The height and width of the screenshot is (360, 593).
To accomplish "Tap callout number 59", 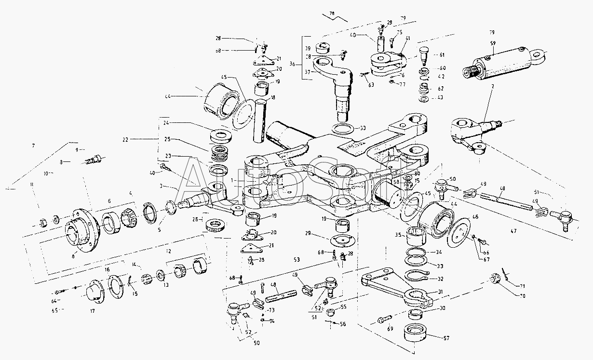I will (493, 43).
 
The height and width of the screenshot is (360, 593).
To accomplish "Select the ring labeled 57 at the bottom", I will (414, 333).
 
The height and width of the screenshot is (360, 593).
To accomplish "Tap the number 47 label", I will (513, 232).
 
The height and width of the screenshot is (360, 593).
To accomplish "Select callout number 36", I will (292, 64).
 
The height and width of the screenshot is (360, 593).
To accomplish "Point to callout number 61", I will (442, 55).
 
